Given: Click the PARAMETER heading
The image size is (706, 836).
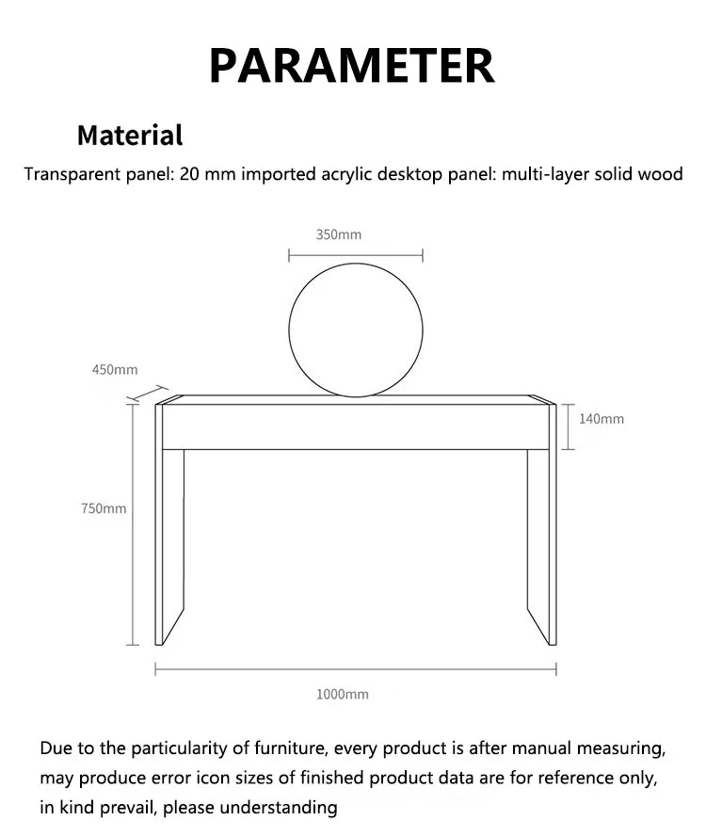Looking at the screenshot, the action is pos(351,65).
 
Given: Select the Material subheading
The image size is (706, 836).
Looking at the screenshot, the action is pos(129,135).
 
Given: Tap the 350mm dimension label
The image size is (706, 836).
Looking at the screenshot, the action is pos(338,234).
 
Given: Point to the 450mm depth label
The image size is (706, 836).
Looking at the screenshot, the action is pos(115,370).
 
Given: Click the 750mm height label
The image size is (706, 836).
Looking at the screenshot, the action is pos(104,508).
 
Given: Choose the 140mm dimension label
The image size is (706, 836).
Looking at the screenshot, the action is pos(601,419).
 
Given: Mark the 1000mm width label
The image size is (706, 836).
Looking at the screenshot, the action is pos(343,695).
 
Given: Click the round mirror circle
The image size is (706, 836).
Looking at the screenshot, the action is pos(356,329).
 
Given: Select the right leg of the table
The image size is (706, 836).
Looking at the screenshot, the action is pos(541,546).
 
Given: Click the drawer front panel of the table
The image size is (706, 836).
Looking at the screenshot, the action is pos(356,426).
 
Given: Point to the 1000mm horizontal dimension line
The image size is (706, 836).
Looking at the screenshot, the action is pos(356,669).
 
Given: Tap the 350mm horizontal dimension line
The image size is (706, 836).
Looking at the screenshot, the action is pos(356,254).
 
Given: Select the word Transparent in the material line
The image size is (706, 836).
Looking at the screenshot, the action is pos(66,175).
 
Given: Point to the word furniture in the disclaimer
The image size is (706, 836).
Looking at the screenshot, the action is pos(284,749).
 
